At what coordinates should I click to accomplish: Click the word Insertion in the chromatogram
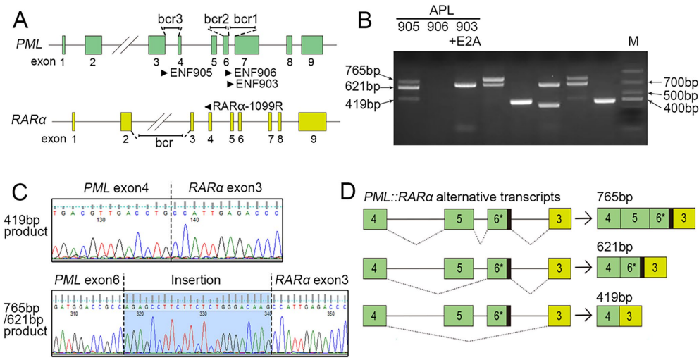pos(197,280)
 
